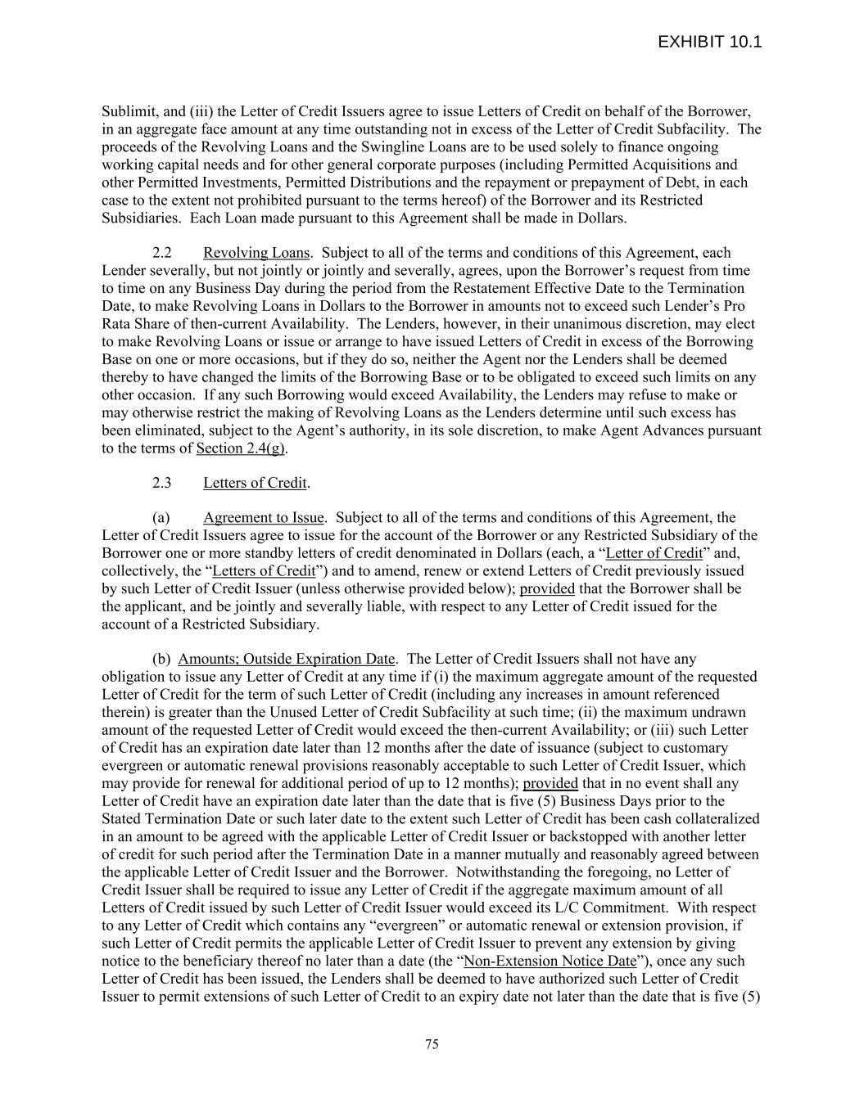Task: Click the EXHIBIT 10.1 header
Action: tap(709, 43)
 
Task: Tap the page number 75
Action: tap(432, 1044)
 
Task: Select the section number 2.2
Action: tap(162, 253)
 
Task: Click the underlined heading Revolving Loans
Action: tap(256, 253)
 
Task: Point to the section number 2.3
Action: tap(162, 483)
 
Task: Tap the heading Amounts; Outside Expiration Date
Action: tap(286, 660)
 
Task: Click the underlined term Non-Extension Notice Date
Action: tap(550, 962)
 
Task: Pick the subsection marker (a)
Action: tap(161, 518)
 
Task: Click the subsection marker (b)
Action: tap(161, 660)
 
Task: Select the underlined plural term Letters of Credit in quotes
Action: tap(264, 571)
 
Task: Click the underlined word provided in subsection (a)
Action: tap(547, 589)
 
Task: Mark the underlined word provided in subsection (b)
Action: tap(550, 784)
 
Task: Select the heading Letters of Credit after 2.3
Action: tap(255, 483)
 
